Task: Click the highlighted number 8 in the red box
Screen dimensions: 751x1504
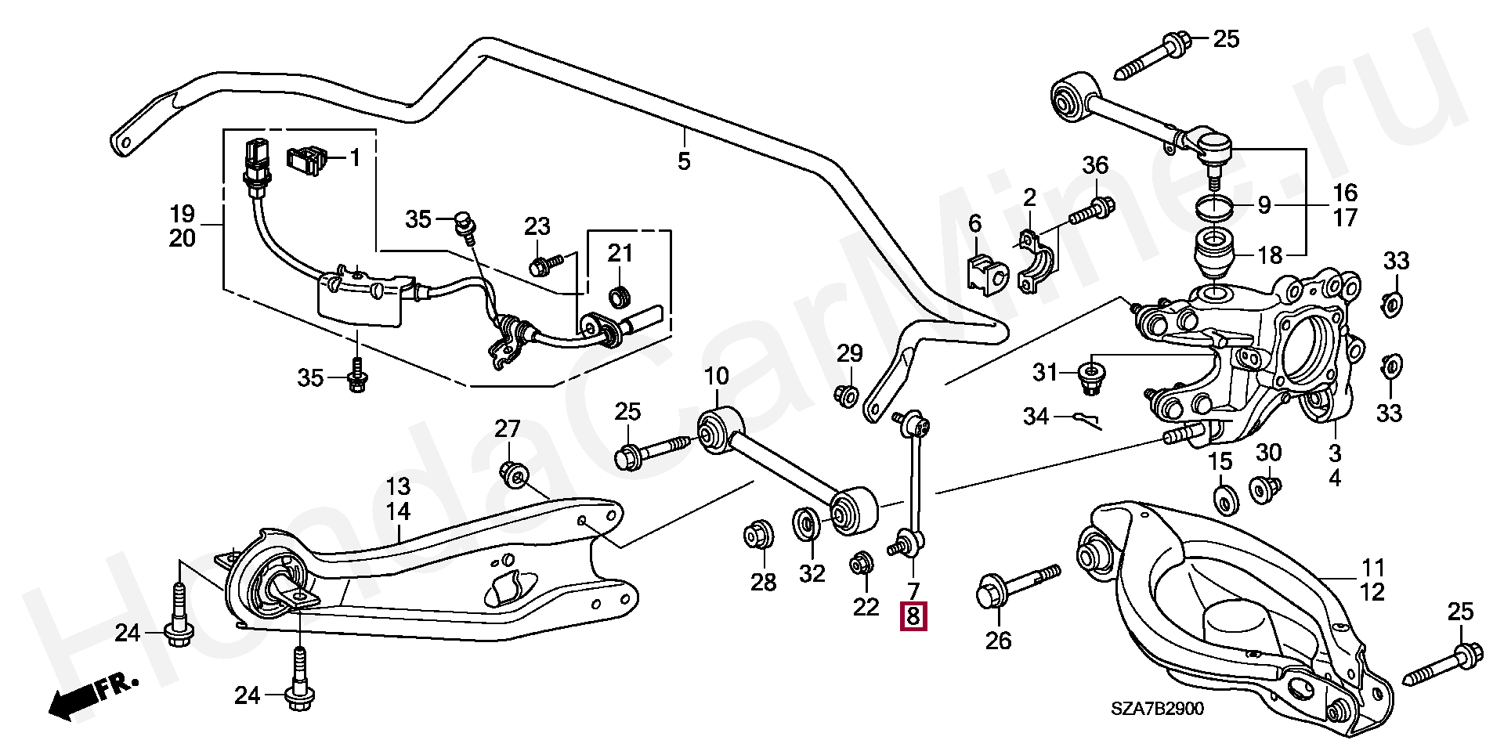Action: click(x=913, y=616)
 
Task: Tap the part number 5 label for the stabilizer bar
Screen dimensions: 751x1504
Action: click(x=684, y=162)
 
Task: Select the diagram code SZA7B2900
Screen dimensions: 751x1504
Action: click(x=1157, y=709)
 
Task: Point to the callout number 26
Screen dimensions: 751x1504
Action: click(x=998, y=640)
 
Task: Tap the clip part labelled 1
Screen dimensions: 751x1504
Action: click(x=308, y=160)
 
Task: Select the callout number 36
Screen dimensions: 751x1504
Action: click(x=1096, y=166)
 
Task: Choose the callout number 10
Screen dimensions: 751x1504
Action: click(x=716, y=377)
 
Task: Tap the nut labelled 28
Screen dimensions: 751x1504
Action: click(x=758, y=535)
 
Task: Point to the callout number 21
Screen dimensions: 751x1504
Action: click(x=620, y=254)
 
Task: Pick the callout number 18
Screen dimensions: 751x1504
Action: click(x=1270, y=255)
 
